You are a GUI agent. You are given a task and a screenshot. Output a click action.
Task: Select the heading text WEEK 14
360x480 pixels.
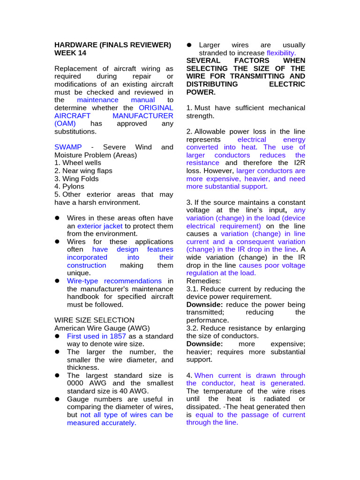[70, 53]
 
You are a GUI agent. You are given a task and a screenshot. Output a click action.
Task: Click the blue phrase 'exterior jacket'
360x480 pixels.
[100, 226]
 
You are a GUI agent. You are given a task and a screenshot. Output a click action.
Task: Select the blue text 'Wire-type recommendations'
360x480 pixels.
[114, 281]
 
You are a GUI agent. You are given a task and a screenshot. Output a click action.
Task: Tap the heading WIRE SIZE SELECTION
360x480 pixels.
[94, 320]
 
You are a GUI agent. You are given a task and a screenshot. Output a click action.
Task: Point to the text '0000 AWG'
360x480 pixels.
[83, 383]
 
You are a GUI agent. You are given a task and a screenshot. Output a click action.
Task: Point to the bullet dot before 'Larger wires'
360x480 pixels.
[189, 45]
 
